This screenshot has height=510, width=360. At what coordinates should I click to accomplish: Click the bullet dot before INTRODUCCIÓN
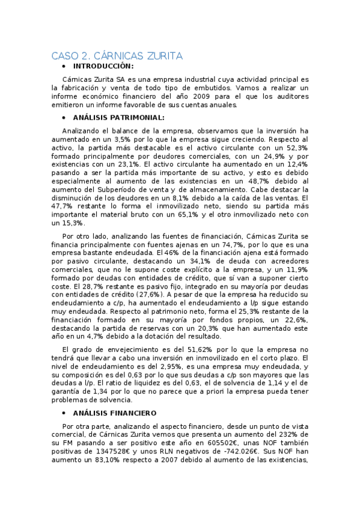[x=64, y=66]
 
